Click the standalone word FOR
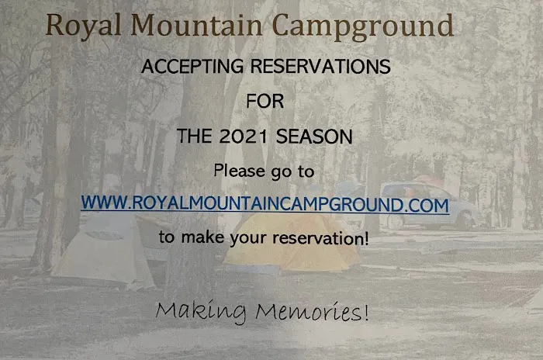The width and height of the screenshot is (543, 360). (x=265, y=101)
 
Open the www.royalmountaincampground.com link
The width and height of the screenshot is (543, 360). (x=265, y=205)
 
